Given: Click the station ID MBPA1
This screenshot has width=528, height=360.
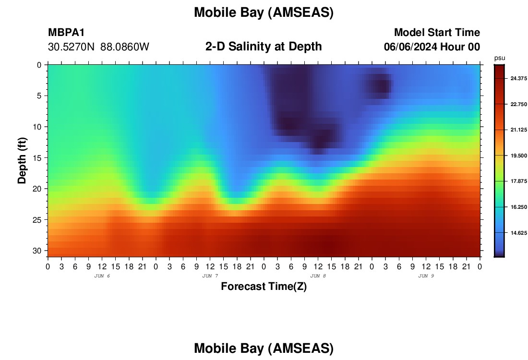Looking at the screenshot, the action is pos(66,32).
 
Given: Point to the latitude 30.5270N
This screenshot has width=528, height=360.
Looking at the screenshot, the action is pos(72,47).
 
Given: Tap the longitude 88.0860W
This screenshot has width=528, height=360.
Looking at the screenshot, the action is pos(125,47).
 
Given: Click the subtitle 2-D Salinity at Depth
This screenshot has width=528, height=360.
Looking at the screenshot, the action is pos(264,47).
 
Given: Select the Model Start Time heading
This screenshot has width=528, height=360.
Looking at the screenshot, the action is pos(437,32).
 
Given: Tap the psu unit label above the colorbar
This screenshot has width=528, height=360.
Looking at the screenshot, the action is pos(500,58).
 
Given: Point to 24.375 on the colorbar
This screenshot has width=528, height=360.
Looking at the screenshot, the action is pos(518,78).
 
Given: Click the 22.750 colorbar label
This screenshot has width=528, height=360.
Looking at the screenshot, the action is pos(518,104).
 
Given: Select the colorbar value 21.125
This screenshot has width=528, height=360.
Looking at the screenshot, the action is pos(518,130).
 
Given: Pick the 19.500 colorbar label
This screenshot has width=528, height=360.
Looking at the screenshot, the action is pos(518,156).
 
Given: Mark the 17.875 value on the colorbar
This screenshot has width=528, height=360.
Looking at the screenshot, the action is pos(518,181).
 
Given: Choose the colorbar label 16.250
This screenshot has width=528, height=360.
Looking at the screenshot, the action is pos(518,207).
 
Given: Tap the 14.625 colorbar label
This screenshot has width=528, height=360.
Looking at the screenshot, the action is pos(518,233).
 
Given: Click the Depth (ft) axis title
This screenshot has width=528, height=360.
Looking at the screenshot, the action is pos(22,160).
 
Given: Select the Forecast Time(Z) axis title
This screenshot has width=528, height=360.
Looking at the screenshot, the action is pos(264,287).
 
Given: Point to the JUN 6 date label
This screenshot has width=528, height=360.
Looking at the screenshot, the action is pos(102,276).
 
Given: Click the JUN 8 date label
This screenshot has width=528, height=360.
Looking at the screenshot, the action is pos(318,276).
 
